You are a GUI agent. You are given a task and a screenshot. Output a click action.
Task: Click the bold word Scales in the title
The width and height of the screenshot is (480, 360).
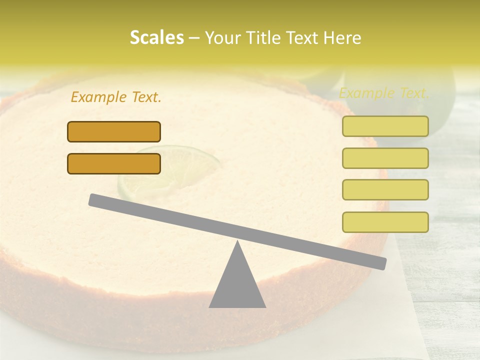pyautogui.click(x=156, y=37)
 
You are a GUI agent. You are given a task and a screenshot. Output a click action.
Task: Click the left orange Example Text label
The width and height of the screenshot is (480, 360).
pyautogui.click(x=116, y=97)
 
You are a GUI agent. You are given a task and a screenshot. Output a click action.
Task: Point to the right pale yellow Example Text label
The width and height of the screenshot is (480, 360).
pyautogui.click(x=384, y=93)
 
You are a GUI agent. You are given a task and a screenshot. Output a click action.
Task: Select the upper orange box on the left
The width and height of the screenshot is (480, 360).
pyautogui.click(x=114, y=131)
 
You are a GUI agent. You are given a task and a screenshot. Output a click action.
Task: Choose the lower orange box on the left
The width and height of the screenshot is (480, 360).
pyautogui.click(x=114, y=163)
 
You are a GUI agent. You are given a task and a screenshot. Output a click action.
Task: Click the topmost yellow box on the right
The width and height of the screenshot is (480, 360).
pyautogui.click(x=385, y=126)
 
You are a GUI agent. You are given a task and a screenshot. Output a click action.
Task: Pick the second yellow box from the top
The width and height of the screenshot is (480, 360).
pyautogui.click(x=385, y=158)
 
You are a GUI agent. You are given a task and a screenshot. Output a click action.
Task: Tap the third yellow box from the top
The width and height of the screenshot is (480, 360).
pyautogui.click(x=385, y=189)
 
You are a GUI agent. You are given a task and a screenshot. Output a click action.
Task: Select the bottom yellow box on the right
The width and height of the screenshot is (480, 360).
pyautogui.click(x=385, y=222)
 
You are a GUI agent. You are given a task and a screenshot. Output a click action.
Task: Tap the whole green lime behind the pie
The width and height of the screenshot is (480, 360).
pyautogui.click(x=430, y=100)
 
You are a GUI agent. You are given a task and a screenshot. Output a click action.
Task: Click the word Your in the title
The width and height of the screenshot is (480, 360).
pyautogui.click(x=221, y=38)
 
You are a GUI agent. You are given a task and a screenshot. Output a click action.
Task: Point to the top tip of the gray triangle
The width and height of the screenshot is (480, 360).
pyautogui.click(x=237, y=243)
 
